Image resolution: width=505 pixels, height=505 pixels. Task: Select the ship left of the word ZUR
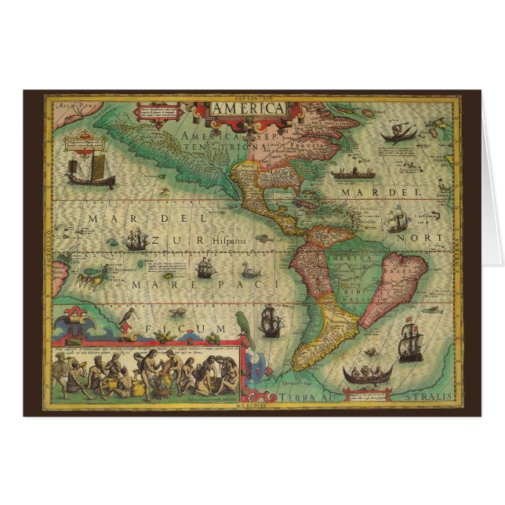[x=136, y=239]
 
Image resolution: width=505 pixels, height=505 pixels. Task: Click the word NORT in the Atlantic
[x=431, y=237]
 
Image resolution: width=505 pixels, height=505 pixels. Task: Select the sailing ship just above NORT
[x=398, y=218]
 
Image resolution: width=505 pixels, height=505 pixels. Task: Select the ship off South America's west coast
[x=271, y=321]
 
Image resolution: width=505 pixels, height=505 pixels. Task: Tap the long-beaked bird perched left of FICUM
[x=125, y=319]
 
